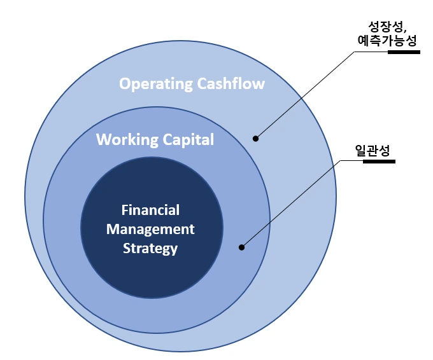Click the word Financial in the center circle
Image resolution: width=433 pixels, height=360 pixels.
(150, 210)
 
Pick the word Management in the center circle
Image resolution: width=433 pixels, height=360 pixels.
(150, 229)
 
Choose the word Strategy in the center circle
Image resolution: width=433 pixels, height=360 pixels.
(150, 249)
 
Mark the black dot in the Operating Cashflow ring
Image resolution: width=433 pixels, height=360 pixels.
(256, 138)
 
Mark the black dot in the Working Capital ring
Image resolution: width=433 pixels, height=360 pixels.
(241, 247)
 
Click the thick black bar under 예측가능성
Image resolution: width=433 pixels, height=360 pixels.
(404, 52)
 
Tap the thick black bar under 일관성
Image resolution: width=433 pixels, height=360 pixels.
(379, 161)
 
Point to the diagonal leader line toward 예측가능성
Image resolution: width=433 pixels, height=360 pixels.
(306, 94)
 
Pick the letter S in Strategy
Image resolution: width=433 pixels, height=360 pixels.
(127, 248)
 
